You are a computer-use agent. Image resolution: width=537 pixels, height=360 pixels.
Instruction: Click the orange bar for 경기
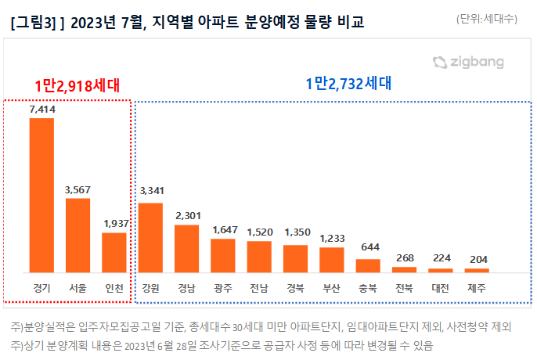[x=41, y=195]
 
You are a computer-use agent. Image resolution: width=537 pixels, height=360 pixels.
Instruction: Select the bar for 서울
[x=77, y=235]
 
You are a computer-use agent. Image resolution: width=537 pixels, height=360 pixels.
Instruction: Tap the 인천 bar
[x=114, y=252]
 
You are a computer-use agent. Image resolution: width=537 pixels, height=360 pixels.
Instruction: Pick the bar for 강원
[x=150, y=237]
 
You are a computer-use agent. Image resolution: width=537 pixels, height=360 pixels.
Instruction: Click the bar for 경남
[x=186, y=248]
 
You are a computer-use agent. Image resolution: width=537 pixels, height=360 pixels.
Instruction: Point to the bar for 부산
[x=332, y=259]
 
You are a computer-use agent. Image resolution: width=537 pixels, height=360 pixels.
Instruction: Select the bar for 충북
[x=368, y=265]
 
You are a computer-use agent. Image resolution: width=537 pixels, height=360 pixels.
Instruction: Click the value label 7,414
[x=41, y=110]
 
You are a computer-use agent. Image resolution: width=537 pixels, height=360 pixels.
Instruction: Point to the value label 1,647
[x=223, y=230]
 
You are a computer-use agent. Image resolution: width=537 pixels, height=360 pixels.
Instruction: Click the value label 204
[x=478, y=260]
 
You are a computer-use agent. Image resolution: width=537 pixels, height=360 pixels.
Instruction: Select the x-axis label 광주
[x=223, y=287]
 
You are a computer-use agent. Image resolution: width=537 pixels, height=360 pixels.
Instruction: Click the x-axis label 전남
[x=259, y=287]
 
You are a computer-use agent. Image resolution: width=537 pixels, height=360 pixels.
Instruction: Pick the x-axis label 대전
[x=441, y=287]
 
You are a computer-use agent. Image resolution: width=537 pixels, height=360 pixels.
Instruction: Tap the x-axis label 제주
[x=478, y=287]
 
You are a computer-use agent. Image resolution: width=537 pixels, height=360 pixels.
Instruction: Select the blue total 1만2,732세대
[x=348, y=82]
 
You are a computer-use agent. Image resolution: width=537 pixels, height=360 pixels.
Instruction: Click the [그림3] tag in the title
[x=31, y=23]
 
